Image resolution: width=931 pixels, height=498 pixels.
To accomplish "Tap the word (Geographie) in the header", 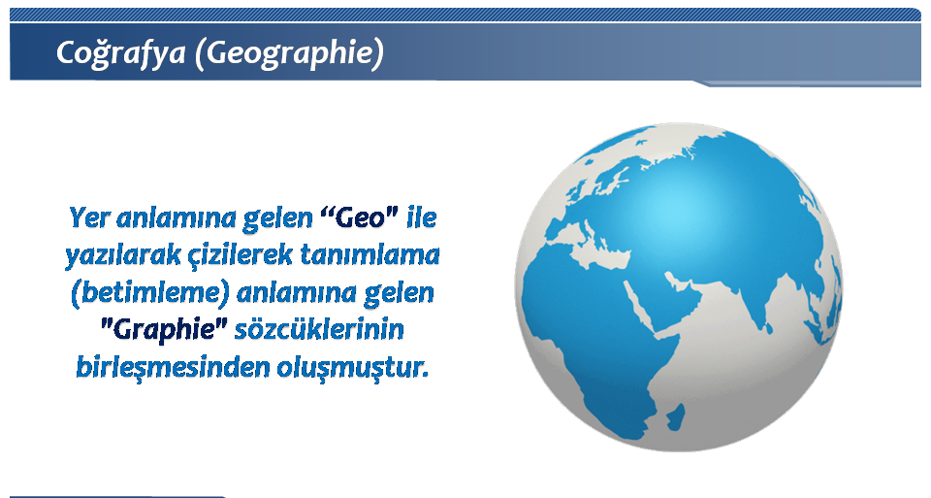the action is [289, 53].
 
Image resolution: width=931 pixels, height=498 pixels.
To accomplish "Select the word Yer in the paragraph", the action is [89, 217].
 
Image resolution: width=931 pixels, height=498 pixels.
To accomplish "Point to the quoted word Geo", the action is [359, 217].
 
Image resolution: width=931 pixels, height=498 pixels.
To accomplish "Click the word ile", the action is [422, 217].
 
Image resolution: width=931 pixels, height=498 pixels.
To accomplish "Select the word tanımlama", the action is [369, 255].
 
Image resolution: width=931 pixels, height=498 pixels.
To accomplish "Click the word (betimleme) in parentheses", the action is [149, 293].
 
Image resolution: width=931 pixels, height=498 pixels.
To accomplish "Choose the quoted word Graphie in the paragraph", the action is [164, 330].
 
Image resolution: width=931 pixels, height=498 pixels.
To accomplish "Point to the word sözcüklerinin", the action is [319, 330].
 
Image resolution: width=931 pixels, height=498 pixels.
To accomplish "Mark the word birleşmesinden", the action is [173, 367].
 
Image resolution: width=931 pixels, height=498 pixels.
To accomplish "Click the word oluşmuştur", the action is [353, 367].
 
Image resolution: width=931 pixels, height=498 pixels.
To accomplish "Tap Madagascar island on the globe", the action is [675, 417].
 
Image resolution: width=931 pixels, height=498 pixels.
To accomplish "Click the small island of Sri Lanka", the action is [768, 327].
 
